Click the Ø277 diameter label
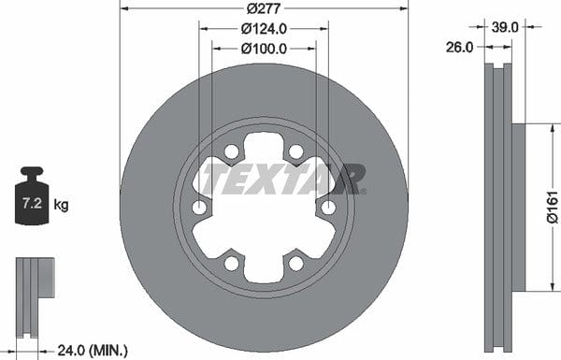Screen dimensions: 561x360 tap(264, 8)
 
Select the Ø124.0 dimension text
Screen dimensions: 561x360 tap(264, 29)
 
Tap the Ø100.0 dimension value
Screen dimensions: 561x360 tap(264, 49)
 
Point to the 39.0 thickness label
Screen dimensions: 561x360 tap(505, 27)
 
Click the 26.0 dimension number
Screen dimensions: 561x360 tap(459, 47)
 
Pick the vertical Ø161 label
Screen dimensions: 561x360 tap(552, 208)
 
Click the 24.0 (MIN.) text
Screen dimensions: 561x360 tap(93, 350)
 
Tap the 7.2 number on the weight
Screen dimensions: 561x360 tap(32, 203)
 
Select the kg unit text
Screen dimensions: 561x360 tap(61, 205)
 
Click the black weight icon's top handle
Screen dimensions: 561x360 tap(32, 171)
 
